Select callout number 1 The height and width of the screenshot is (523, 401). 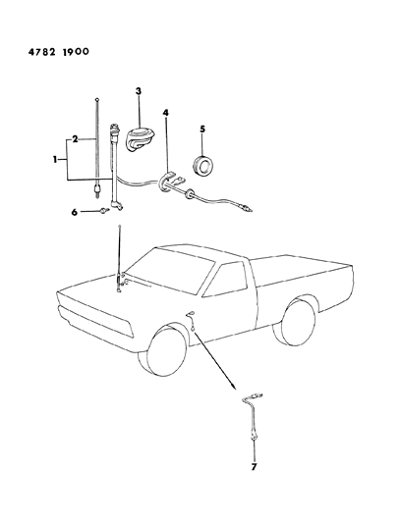click(54, 160)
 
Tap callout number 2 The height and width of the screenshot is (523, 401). click(75, 139)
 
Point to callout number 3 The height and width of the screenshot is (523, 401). click(138, 90)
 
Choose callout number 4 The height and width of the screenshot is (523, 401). click(165, 113)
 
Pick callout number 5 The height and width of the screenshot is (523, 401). click(202, 130)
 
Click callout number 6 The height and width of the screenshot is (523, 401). click(75, 212)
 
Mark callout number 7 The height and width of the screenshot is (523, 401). click(254, 466)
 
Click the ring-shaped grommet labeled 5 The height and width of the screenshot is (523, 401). click(203, 165)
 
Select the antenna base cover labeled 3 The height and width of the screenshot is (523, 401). click(138, 140)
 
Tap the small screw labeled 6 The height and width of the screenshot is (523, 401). click(104, 210)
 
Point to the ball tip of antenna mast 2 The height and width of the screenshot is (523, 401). click(97, 99)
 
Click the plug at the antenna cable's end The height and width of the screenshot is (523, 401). click(249, 209)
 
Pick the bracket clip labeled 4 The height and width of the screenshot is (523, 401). click(170, 182)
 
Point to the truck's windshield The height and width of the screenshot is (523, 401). click(170, 271)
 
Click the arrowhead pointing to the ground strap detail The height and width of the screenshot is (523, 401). click(234, 387)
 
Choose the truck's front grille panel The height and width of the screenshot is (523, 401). click(95, 320)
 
